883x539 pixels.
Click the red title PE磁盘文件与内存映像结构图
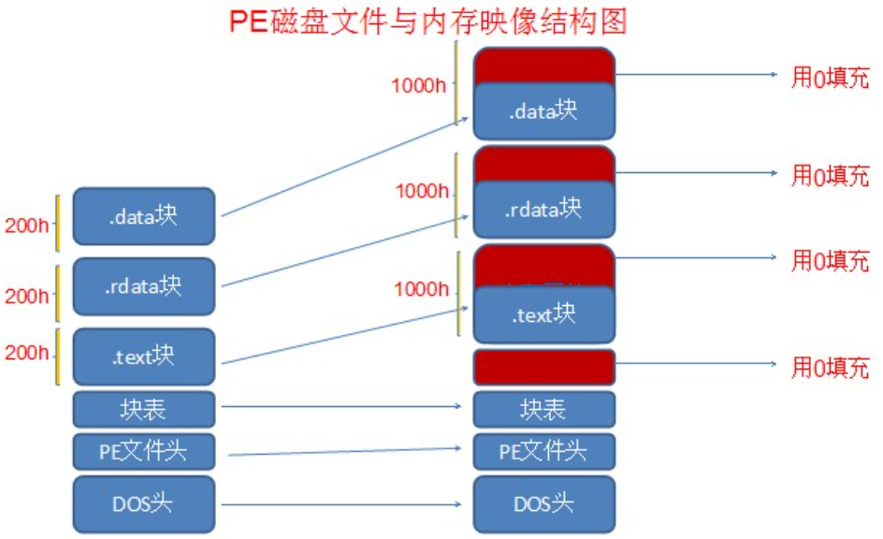428,21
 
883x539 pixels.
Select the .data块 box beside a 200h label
144,216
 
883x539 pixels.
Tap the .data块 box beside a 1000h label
543,111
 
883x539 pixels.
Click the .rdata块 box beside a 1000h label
543,209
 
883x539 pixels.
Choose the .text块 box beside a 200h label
144,356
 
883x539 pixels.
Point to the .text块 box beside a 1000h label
543,315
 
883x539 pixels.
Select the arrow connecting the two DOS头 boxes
342,505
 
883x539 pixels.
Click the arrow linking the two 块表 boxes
342,406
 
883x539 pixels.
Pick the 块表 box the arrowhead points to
543,409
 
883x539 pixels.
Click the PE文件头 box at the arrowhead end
543,452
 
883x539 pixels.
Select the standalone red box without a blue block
543,367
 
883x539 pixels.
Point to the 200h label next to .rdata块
26,296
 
